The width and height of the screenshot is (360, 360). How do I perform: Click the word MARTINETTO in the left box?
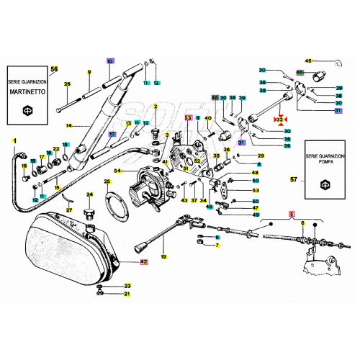[x=28, y=94]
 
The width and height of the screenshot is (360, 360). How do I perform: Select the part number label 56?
[x=53, y=68]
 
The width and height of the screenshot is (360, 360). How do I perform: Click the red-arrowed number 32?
[x=279, y=118]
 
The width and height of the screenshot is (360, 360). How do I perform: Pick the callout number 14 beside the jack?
[x=68, y=126]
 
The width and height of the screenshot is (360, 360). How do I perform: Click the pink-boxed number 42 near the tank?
[x=143, y=261]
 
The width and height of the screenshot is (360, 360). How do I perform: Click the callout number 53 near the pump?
[x=256, y=190]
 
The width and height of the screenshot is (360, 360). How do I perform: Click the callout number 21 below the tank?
[x=127, y=294]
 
